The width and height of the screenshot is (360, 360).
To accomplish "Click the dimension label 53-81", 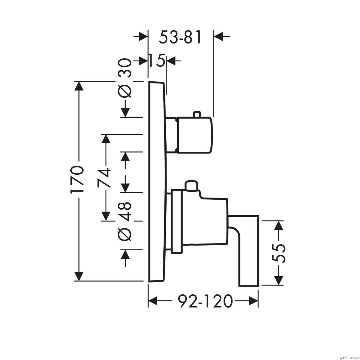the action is point(180,37).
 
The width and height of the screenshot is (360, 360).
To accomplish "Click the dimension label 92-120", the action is point(205,301).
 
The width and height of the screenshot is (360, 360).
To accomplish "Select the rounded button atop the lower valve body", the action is point(191,185).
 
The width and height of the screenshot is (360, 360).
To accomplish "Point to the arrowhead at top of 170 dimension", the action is point(79,86).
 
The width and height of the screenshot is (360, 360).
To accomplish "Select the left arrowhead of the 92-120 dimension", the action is point(153,301).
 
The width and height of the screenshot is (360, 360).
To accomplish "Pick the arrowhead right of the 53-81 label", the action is point(218,36).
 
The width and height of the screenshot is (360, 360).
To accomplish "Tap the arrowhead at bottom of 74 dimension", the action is point(106,216).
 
